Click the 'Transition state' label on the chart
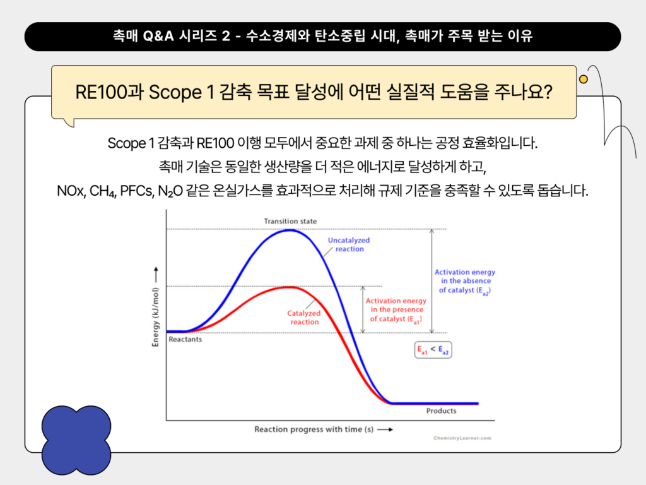tap(290, 221)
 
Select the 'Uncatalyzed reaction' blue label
tap(349, 244)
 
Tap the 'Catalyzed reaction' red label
tap(304, 317)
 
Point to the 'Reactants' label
tap(185, 339)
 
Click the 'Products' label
tap(441, 410)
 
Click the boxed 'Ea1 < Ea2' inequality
tap(433, 350)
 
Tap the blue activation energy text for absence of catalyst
tap(465, 281)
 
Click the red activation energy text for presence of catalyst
tap(396, 310)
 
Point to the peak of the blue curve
tap(289, 230)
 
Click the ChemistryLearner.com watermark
tap(462, 437)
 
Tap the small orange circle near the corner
tap(584, 79)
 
